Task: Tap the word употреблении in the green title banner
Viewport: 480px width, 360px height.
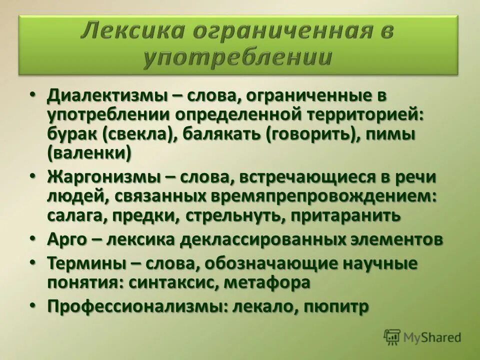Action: coord(237,58)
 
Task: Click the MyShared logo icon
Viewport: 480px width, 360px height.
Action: coord(392,337)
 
